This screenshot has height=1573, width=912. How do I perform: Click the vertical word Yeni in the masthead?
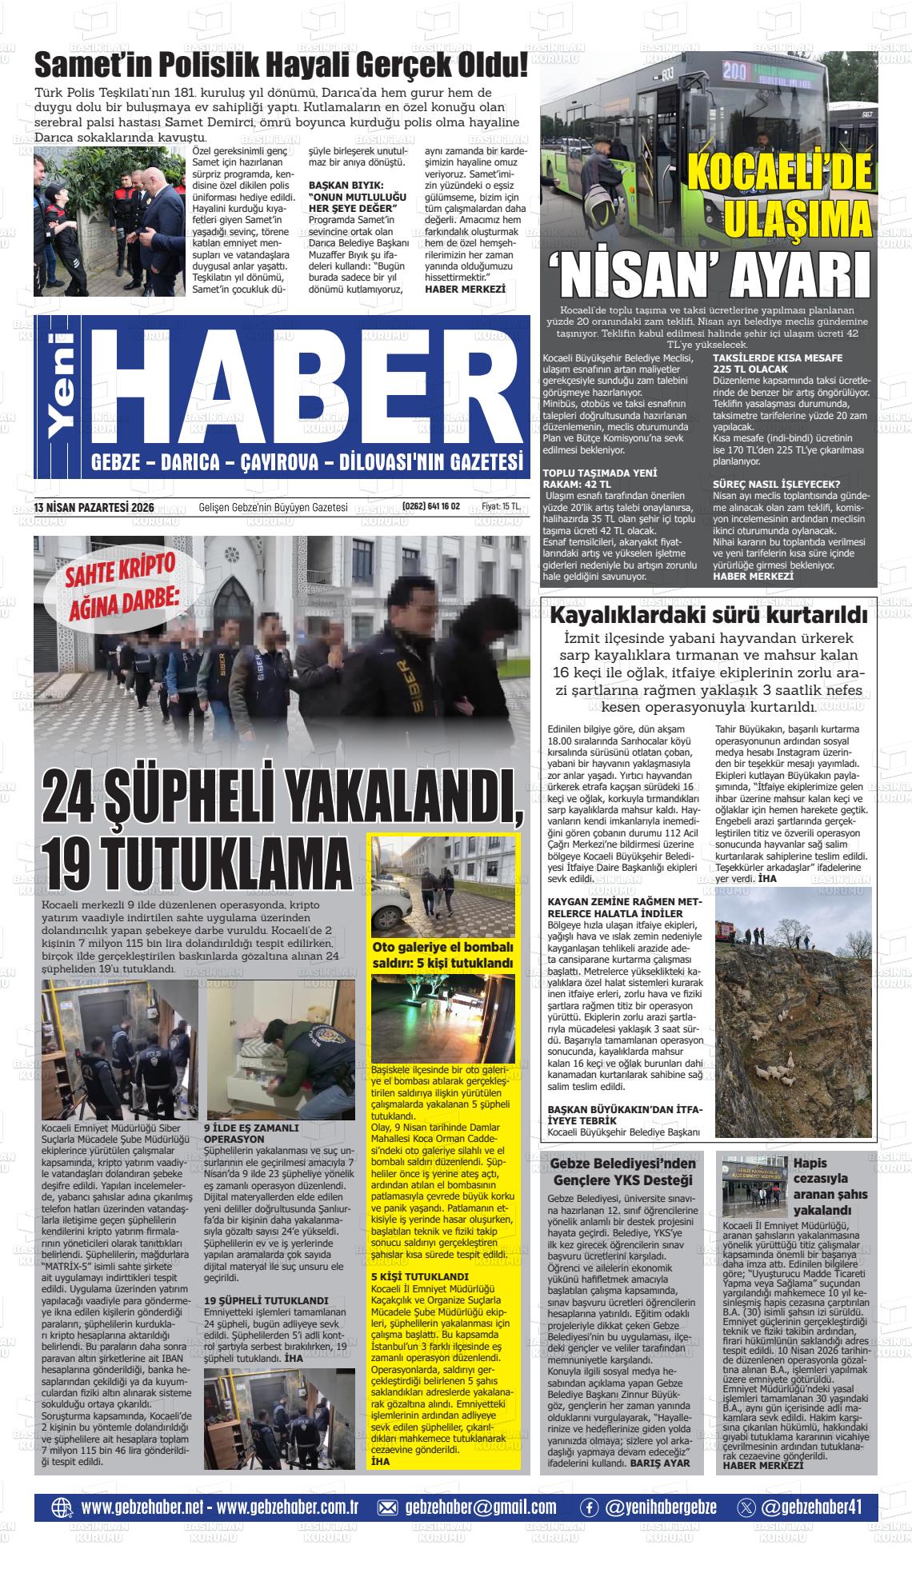(62, 386)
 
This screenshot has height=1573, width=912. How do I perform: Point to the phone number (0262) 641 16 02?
(431, 506)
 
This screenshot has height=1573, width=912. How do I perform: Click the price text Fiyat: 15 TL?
(501, 506)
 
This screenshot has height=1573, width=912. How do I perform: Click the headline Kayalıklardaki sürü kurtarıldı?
(709, 615)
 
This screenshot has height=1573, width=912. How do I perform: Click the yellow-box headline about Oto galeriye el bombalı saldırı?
(443, 956)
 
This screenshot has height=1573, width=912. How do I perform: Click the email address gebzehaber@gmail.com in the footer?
(480, 1507)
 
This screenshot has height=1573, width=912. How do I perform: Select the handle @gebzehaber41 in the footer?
(811, 1507)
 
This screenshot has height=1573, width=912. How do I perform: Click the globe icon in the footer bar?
(62, 1507)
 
